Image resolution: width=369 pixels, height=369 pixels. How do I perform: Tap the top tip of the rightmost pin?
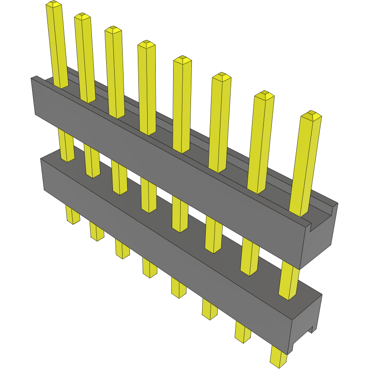click(311, 115)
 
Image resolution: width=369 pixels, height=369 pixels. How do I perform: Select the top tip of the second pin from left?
click(83, 17)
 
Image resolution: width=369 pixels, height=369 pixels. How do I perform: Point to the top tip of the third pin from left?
click(113, 30)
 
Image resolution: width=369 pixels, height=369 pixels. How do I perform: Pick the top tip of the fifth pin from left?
click(182, 60)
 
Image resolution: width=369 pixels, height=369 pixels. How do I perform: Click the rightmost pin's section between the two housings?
click(289, 281)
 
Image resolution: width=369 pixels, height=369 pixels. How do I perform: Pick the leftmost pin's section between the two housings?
click(66, 145)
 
